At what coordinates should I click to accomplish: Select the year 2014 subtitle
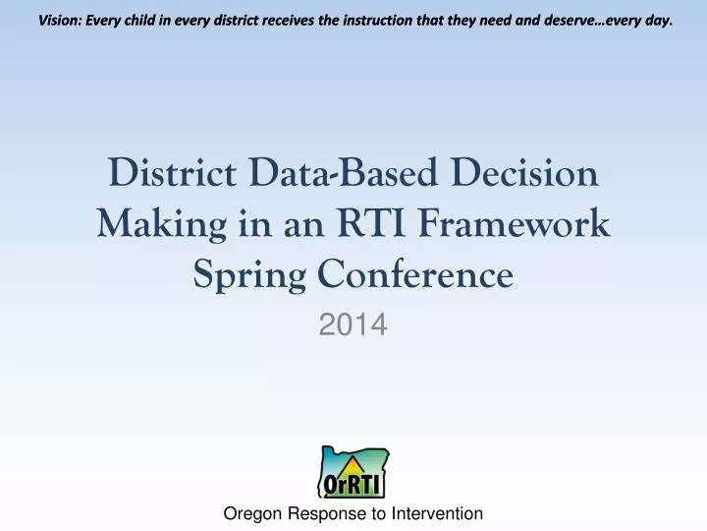point(353,324)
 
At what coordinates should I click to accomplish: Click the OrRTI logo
point(353,473)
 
